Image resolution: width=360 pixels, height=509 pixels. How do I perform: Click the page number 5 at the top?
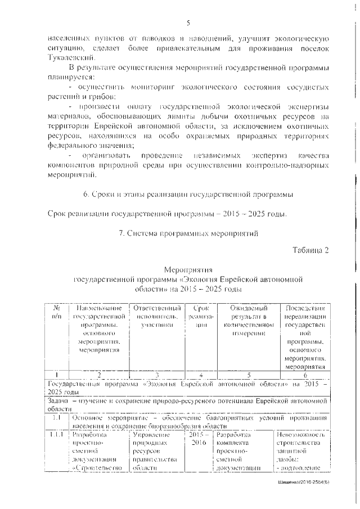(x=189, y=22)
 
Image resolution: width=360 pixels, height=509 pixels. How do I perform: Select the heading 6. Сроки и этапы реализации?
(x=188, y=195)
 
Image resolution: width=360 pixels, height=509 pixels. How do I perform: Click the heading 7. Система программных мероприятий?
(x=188, y=233)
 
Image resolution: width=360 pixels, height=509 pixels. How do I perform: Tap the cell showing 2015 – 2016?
(x=200, y=440)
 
